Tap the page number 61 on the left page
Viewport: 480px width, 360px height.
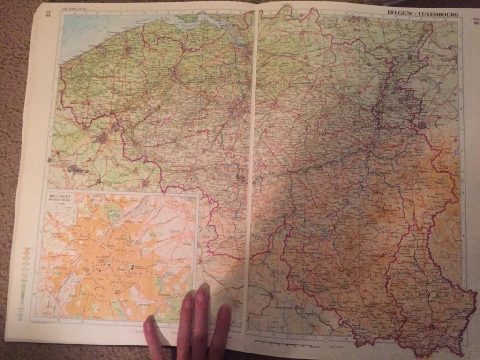tap(48, 14)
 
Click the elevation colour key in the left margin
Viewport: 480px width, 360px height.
tap(26, 281)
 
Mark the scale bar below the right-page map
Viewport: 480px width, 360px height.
tap(281, 341)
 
